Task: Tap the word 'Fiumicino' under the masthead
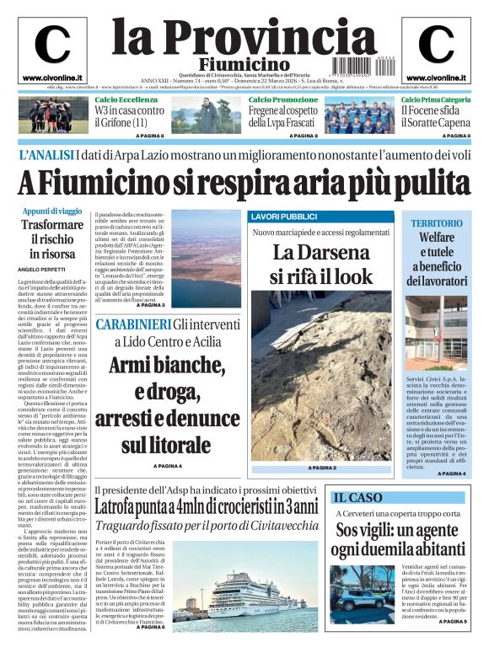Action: pyautogui.click(x=244, y=64)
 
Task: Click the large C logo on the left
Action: pyautogui.click(x=52, y=45)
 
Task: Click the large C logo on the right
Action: pyautogui.click(x=436, y=45)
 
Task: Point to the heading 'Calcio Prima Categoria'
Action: pyautogui.click(x=435, y=100)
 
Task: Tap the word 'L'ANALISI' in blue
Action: pyautogui.click(x=45, y=155)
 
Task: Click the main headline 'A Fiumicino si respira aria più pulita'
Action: pyautogui.click(x=244, y=182)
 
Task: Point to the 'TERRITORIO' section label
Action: pyautogui.click(x=437, y=223)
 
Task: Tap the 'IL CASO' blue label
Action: pyautogui.click(x=357, y=497)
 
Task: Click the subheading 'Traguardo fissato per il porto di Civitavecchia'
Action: pyautogui.click(x=207, y=525)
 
